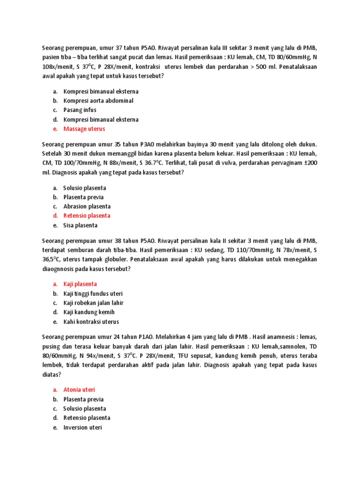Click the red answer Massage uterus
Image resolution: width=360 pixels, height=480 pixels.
coord(84,129)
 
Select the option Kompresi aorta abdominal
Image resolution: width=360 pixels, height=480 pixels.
coord(98,101)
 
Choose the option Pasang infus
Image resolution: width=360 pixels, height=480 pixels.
coord(80,110)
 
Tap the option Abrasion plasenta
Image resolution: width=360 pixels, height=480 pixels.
coord(87,206)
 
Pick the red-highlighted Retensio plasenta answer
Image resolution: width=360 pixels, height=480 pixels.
coord(87,216)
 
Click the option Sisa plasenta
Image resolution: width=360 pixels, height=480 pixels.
coord(80,225)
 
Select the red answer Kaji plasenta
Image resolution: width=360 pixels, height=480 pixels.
coord(80,284)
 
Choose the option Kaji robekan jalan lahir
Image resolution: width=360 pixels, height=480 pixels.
coord(93,303)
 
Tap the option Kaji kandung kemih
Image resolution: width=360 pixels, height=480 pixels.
coord(89,312)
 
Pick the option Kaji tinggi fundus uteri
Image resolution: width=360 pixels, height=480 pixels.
coord(93,293)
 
